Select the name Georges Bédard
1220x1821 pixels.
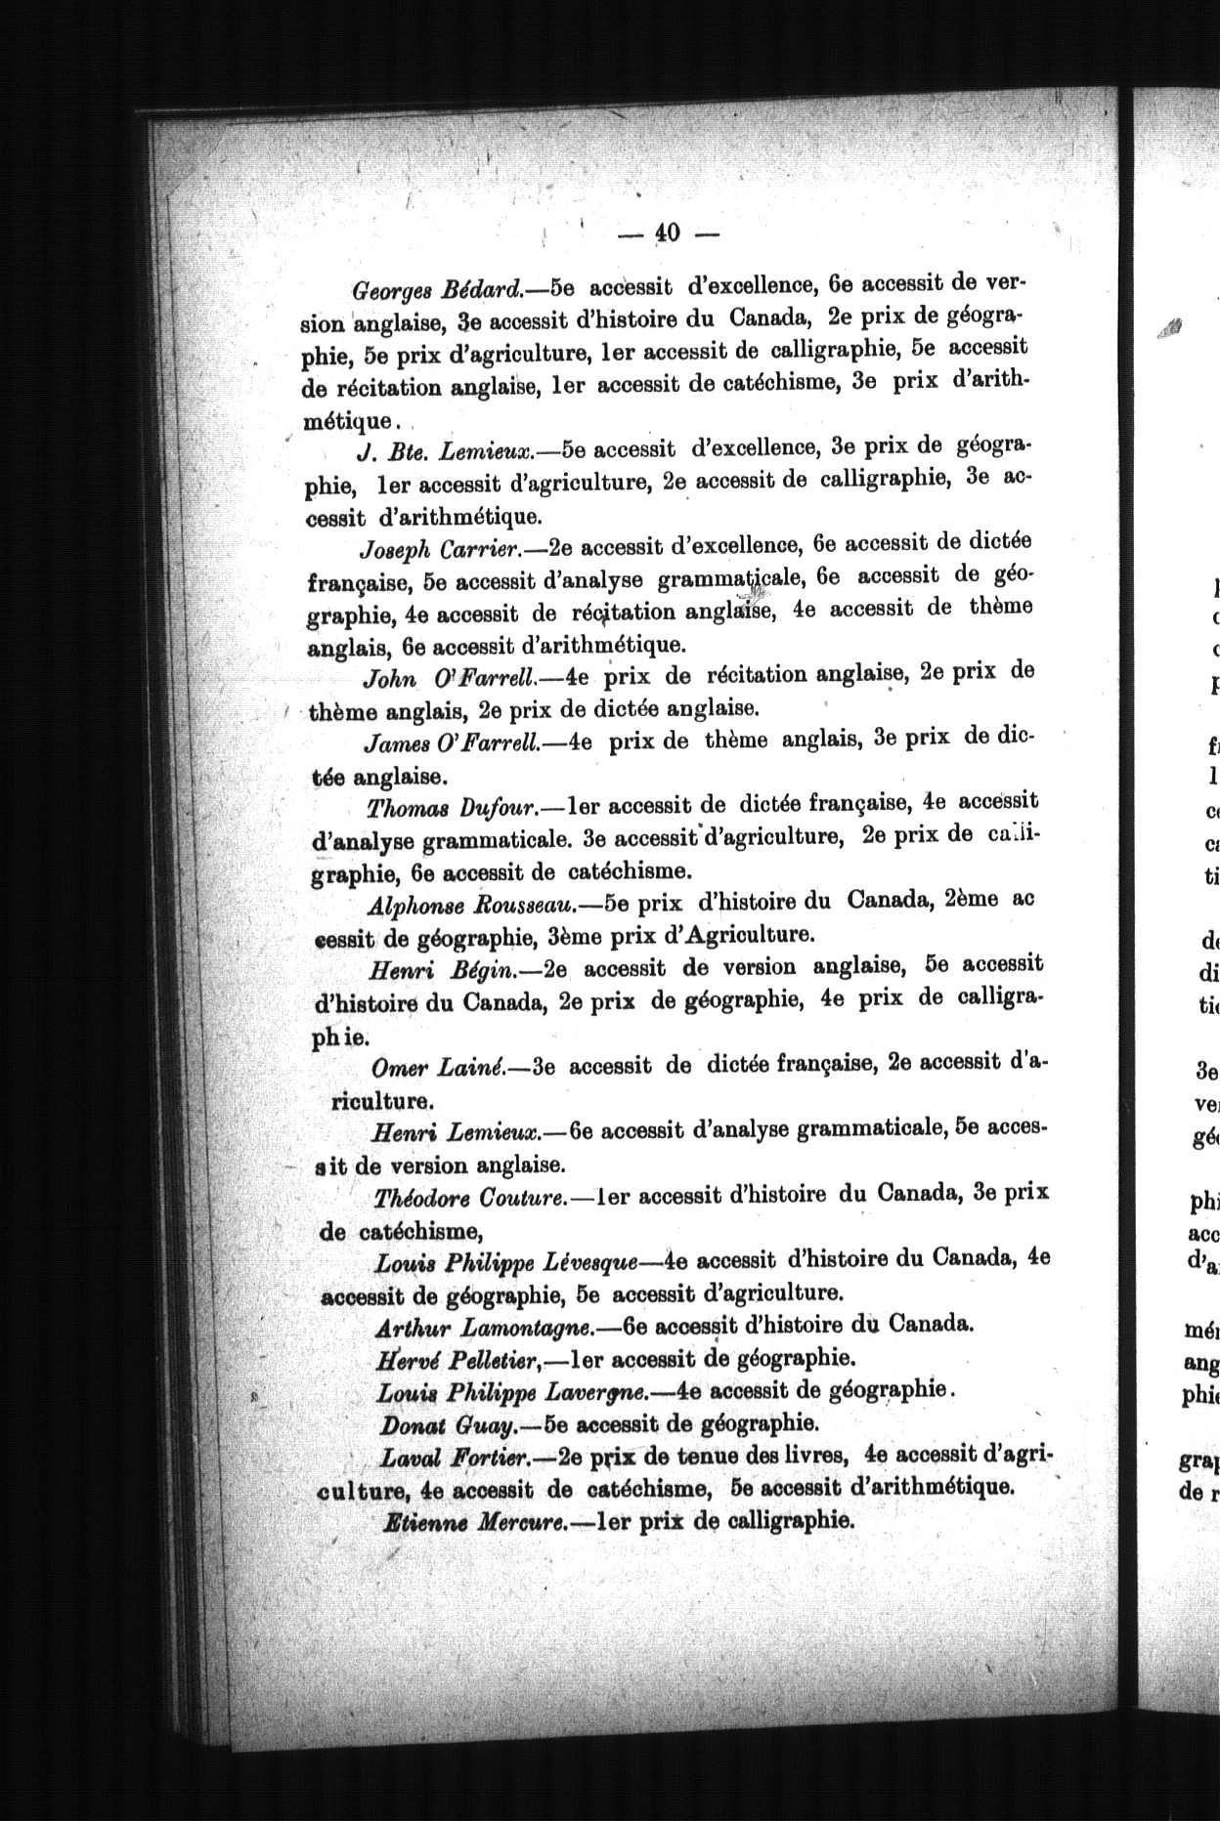tap(437, 289)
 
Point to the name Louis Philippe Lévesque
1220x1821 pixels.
tap(506, 1262)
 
